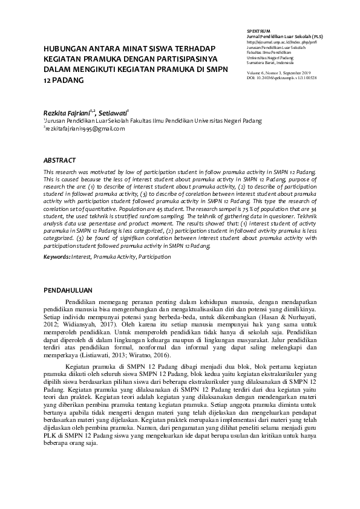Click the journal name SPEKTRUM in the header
(x=258, y=29)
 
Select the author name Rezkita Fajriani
(x=65, y=112)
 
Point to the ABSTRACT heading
(x=60, y=160)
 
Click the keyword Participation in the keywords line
(x=154, y=257)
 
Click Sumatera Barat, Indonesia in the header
(x=270, y=62)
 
